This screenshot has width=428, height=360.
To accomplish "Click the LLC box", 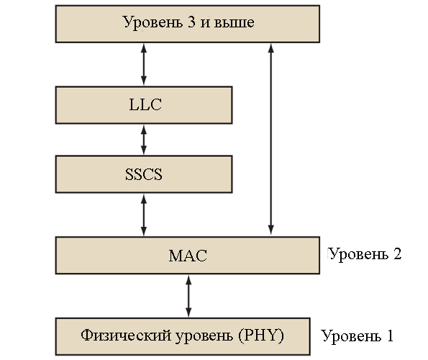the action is click(144, 105).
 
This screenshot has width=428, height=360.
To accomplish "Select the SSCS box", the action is click(144, 174).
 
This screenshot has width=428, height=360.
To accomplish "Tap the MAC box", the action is click(188, 256).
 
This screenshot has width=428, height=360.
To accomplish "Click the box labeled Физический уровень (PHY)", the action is click(183, 336).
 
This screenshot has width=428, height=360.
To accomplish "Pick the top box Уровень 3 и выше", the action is click(188, 24).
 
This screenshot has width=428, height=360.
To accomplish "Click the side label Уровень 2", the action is click(365, 255).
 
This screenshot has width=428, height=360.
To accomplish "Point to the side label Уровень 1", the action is click(358, 336).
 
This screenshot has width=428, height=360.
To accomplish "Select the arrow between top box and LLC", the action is click(144, 65).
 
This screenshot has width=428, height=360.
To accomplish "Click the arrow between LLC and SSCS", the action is click(144, 140).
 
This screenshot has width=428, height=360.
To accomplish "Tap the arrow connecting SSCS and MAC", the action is click(144, 215).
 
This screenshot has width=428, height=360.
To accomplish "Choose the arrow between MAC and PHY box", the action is click(188, 296).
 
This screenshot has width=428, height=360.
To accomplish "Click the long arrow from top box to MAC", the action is click(270, 139).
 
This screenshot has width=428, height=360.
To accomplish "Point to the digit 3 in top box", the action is click(191, 22).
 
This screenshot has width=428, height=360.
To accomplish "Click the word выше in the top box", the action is click(235, 22).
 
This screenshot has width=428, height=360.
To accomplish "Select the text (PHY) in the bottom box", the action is click(261, 335).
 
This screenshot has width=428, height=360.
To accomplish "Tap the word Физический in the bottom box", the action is click(126, 336).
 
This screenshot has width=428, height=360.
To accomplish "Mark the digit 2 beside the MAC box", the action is click(397, 253).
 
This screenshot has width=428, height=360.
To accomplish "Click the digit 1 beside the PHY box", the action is click(390, 336).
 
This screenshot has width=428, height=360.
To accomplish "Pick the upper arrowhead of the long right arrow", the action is click(270, 48).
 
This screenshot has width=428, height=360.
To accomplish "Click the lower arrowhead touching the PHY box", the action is click(188, 312).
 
